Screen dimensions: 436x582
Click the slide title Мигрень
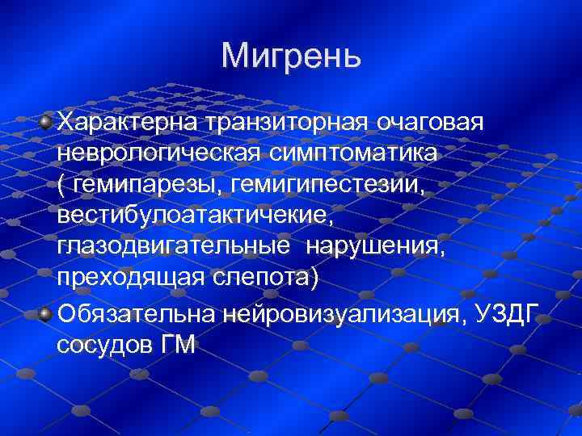click(x=290, y=56)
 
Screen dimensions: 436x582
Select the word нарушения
click(x=375, y=247)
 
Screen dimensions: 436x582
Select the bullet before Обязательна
click(x=47, y=312)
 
